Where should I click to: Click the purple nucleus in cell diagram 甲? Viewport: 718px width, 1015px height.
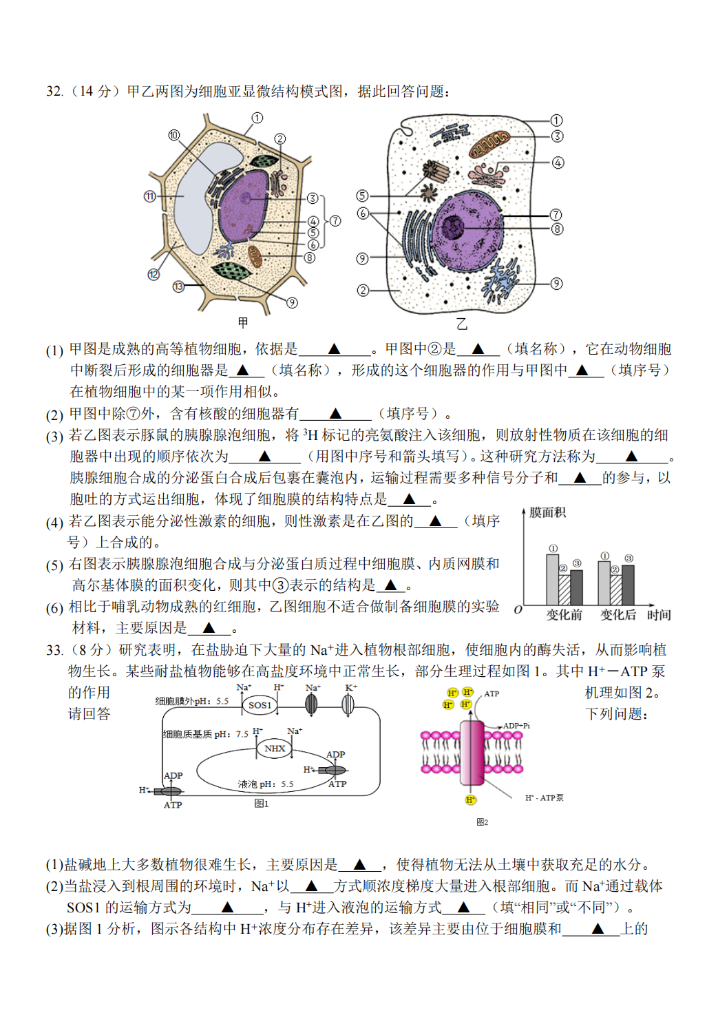pos(243,205)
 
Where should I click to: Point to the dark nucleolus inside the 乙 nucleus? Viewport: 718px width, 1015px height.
pos(454,226)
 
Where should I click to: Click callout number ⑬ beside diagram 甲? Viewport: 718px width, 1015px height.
pos(178,286)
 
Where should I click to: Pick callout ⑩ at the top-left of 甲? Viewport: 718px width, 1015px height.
pos(173,136)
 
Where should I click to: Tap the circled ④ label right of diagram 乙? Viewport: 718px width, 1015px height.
pos(558,163)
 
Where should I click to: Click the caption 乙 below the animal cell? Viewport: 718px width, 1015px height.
pos(462,324)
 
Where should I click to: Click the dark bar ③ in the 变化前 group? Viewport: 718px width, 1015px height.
pos(577,587)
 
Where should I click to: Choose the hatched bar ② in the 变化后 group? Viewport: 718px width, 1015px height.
pos(616,590)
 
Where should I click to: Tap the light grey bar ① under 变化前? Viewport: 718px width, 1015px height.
pos(553,579)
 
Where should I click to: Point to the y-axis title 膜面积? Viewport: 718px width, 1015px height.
pos(547,512)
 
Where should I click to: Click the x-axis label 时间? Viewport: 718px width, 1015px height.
pos(659,615)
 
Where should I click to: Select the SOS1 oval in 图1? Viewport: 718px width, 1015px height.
pos(260,705)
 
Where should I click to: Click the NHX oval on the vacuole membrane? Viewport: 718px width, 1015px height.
pos(275,749)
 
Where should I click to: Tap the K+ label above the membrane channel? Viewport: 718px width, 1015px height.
pos(351,688)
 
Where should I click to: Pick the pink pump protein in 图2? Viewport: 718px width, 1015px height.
pos(472,753)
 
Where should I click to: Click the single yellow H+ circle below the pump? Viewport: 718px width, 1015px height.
pos(471,800)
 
